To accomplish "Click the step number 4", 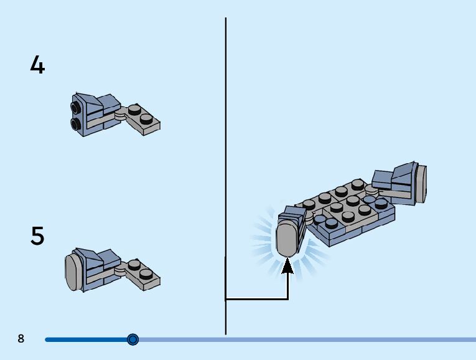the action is [x=37, y=65].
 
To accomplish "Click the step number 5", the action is [x=37, y=237].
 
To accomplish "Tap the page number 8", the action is [x=21, y=339].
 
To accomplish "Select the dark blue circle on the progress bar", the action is [x=133, y=339].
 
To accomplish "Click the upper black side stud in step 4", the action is [x=75, y=110].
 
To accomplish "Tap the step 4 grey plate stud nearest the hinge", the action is [x=133, y=109].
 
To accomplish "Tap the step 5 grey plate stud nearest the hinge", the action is [x=133, y=265].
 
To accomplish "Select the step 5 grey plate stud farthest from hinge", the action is [x=146, y=273].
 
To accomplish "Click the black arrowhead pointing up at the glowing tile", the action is [x=287, y=267].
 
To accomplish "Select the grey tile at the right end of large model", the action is [x=421, y=183].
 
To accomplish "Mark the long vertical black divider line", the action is [x=225, y=156].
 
